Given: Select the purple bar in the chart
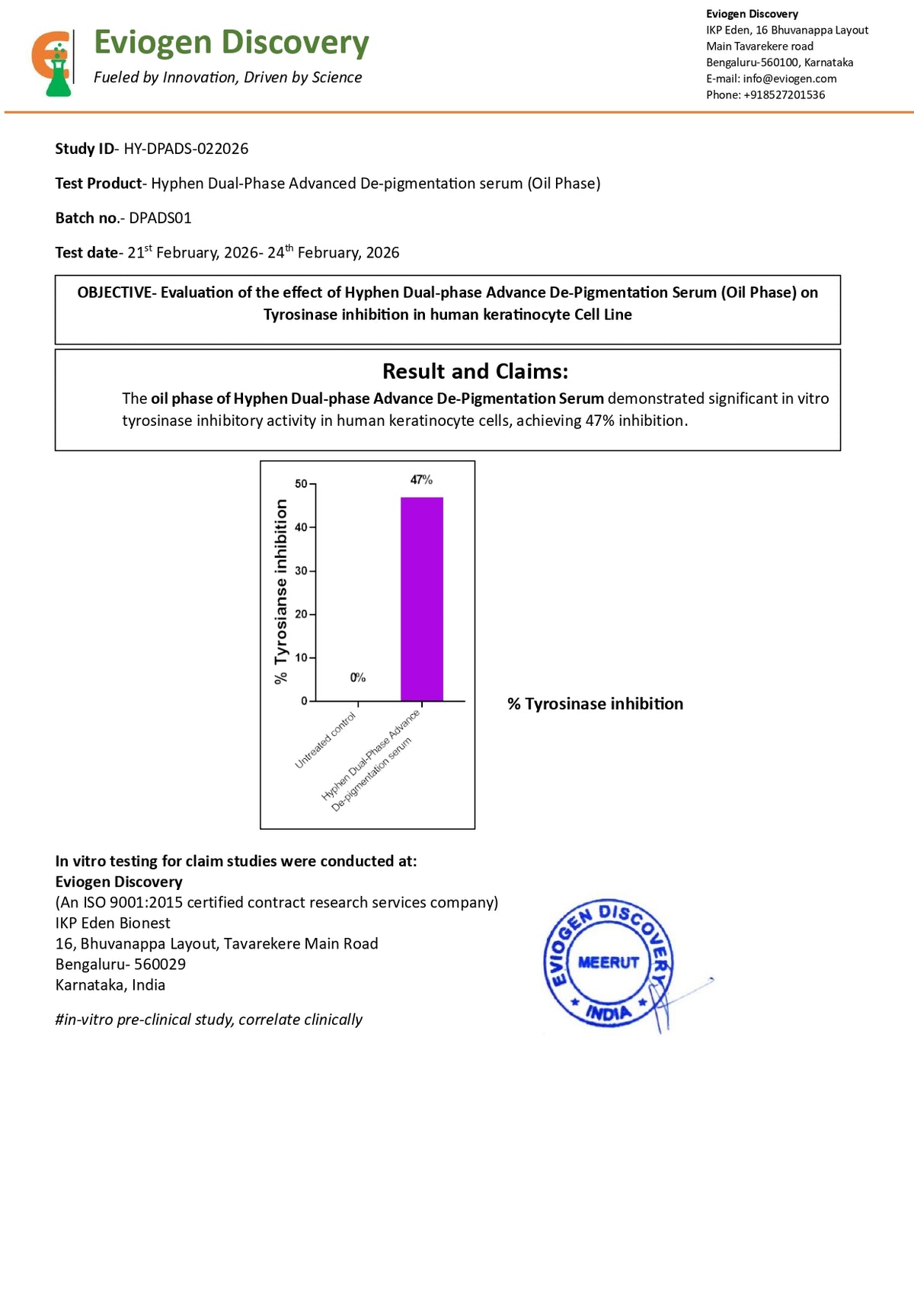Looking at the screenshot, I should point(421,599).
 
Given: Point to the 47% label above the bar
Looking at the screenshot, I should point(421,479).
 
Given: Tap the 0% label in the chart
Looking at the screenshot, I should point(358,677).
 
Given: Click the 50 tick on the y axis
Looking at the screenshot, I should point(302,484).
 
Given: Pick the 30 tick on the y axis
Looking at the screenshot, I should point(302,571).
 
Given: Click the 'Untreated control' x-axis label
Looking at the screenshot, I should point(326,741).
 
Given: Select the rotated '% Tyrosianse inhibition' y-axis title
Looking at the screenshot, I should point(281,591).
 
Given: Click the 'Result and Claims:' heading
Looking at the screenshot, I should point(475,371).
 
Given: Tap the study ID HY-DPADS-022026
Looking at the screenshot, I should point(186,149).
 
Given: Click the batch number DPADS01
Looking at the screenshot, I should point(160,218).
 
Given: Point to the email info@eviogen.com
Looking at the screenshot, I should point(790,78).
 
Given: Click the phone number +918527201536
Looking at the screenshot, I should point(785,94).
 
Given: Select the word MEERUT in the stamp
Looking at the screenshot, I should point(609,962).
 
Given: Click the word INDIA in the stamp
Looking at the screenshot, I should point(609,1012).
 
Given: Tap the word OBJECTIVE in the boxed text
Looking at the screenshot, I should point(114,293).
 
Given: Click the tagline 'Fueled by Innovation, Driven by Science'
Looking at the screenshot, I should point(228,77).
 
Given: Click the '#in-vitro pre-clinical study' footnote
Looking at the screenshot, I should point(209,1019).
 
